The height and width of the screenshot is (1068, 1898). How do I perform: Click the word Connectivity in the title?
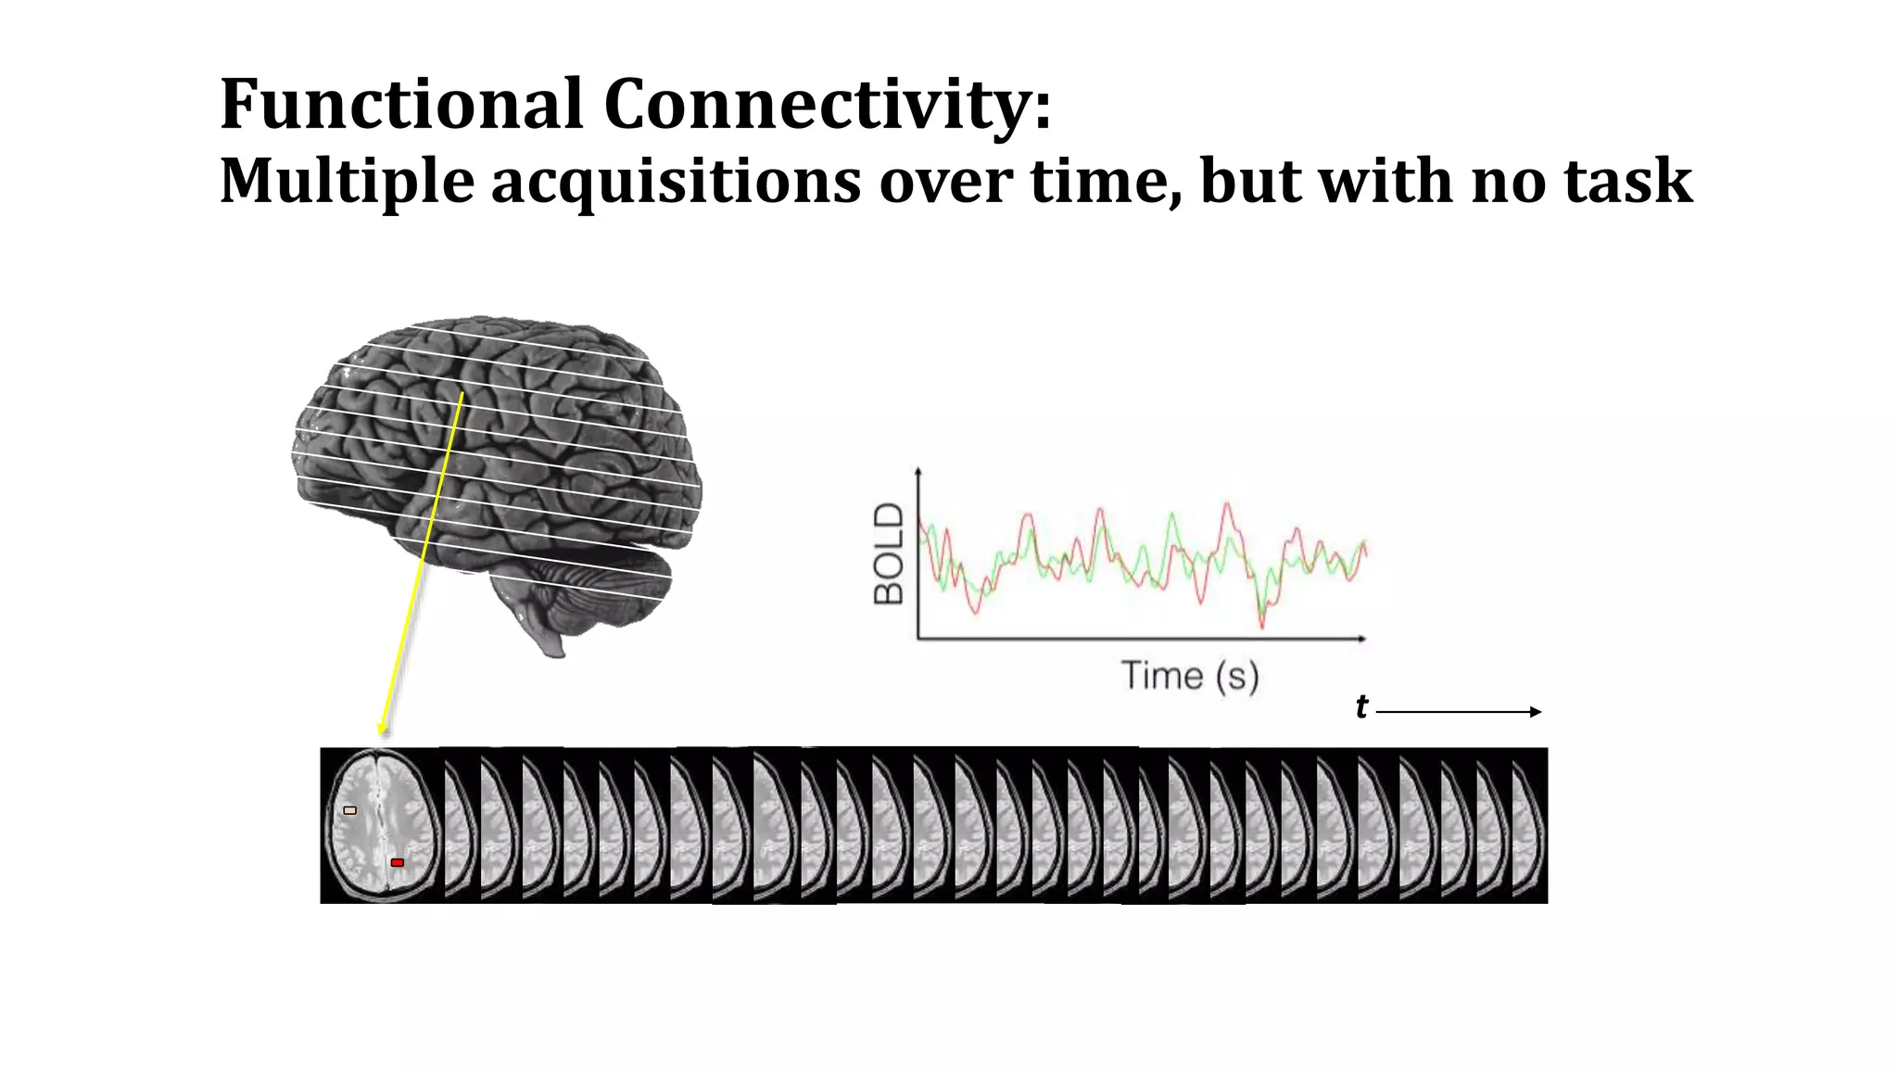coord(827,104)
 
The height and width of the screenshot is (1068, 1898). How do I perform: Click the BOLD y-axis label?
coord(889,553)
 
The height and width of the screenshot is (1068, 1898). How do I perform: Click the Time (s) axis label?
coord(1190,676)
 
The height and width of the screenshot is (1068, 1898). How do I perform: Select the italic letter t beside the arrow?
coord(1360,707)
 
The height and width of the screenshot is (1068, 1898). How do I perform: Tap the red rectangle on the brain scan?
coord(398,863)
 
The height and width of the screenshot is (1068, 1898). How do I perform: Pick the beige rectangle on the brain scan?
coord(349,810)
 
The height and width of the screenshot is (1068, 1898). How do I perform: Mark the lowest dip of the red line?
coord(1261,627)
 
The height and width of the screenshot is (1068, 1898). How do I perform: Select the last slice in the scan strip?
coord(1529,825)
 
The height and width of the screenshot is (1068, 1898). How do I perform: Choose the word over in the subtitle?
coord(945,182)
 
